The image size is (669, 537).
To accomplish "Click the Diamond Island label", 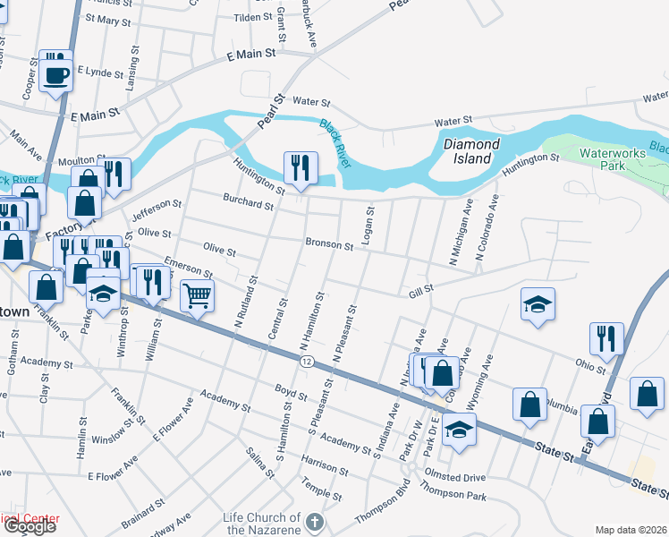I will click(471, 150).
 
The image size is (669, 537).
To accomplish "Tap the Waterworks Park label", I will click(613, 159).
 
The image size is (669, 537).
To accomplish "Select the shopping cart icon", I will click(197, 294).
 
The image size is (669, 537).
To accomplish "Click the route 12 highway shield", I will click(307, 360).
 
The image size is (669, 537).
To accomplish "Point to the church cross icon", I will click(314, 521).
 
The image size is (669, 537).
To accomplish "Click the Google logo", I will click(30, 526).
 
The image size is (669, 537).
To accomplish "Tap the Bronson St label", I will click(330, 243).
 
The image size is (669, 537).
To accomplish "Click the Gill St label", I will click(420, 289).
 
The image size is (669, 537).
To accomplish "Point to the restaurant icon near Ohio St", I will click(605, 337).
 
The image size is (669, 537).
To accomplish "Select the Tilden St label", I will click(252, 17).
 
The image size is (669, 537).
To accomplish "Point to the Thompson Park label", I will click(454, 494).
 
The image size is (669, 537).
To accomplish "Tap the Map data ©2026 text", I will click(631, 530).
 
